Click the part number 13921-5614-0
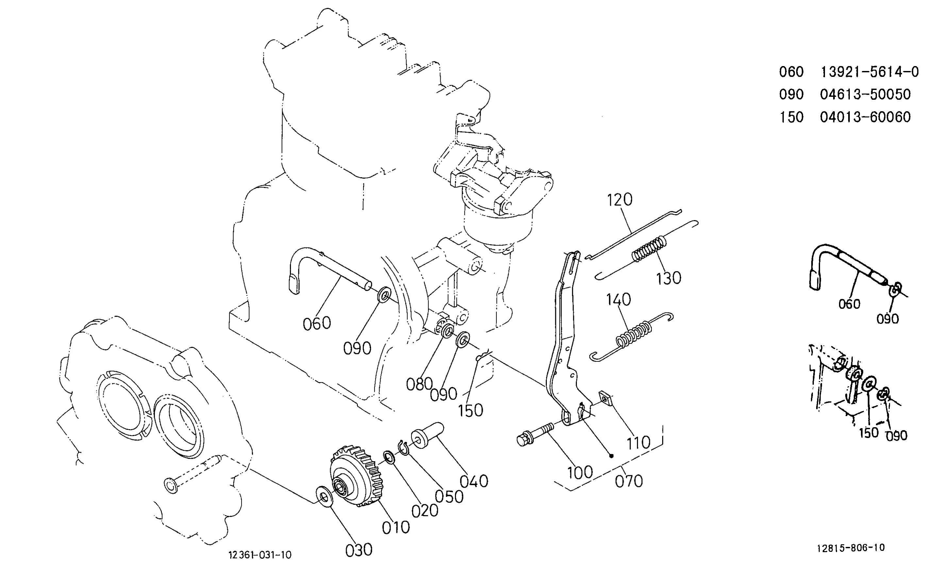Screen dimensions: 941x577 870,72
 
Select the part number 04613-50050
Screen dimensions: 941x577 865,95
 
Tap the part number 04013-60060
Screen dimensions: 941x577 865,117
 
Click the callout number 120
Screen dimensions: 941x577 619,200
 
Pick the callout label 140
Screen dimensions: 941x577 619,300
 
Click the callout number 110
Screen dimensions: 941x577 638,443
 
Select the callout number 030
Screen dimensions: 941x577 359,550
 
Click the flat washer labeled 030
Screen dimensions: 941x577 324,497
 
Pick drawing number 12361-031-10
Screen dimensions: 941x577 260,555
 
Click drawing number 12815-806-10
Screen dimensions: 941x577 851,548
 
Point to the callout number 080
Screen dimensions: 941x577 419,384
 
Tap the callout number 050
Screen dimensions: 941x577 449,497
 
